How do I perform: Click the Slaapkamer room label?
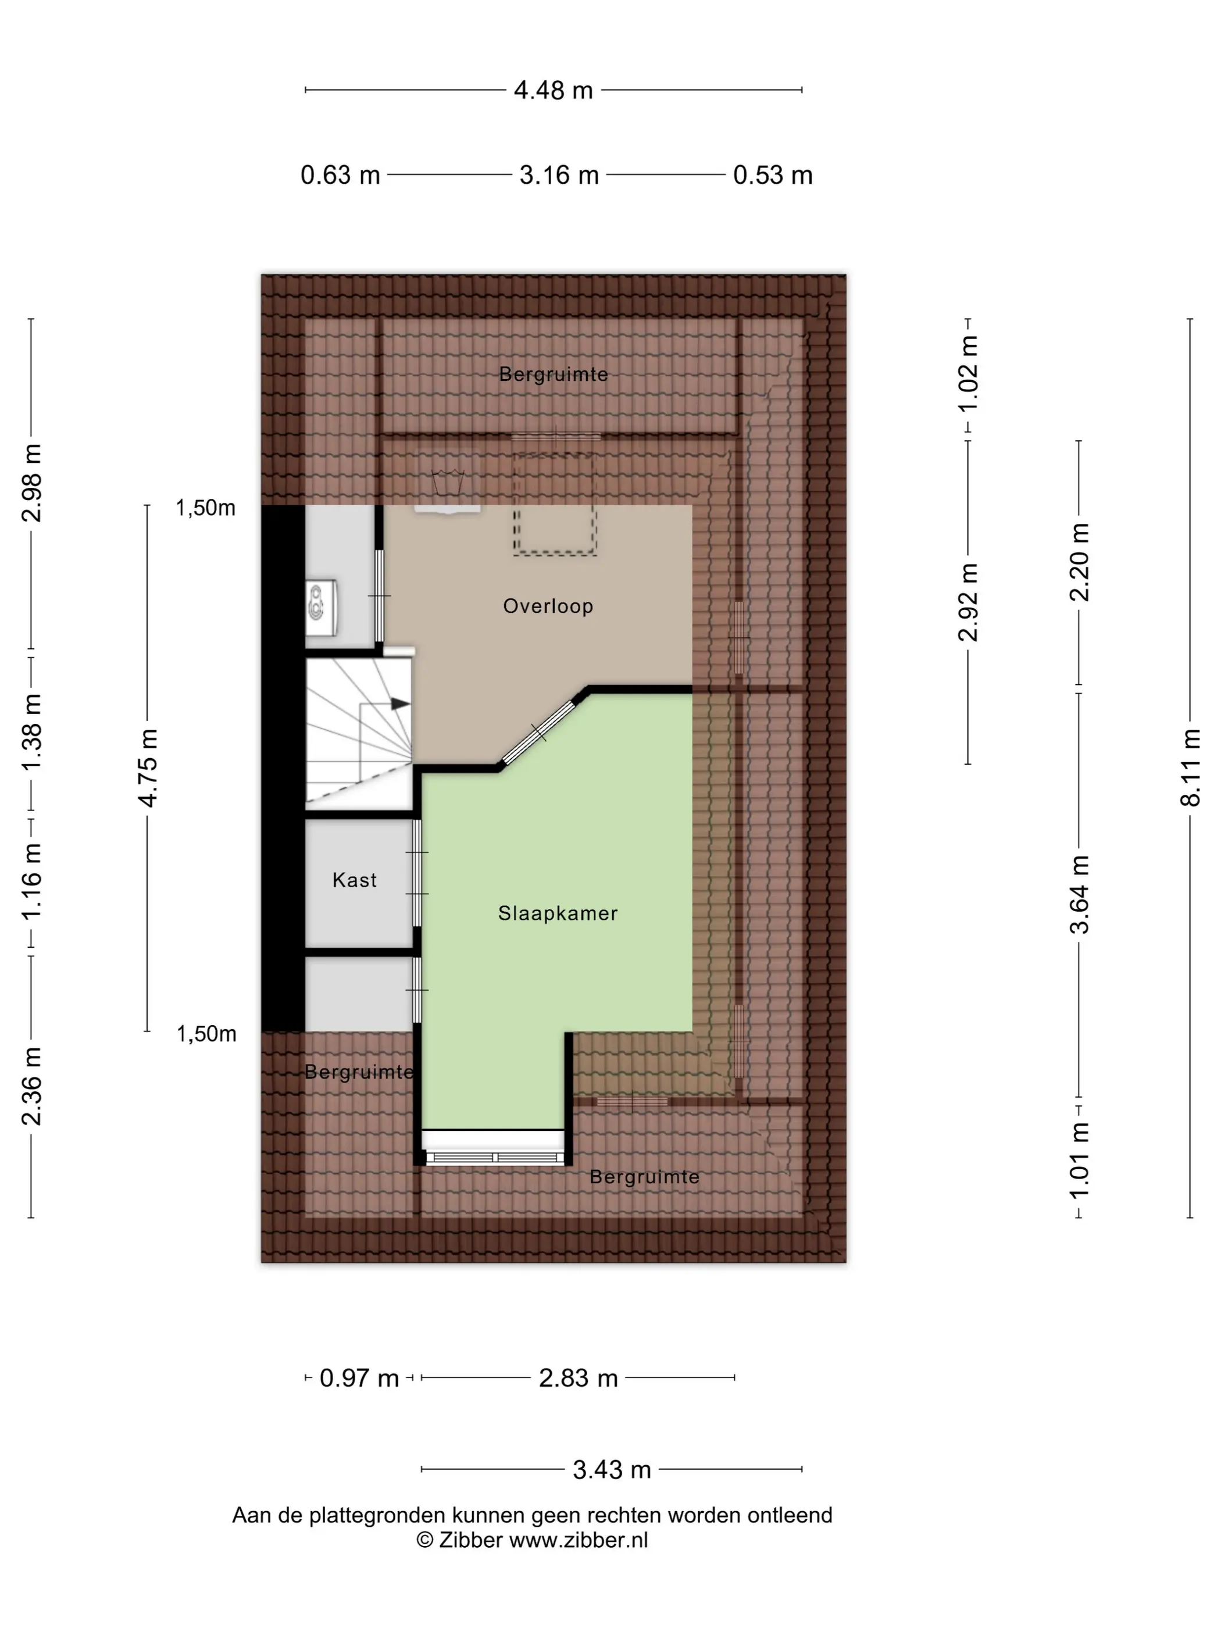tap(557, 913)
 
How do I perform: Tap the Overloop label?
tap(548, 606)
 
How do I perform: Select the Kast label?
tap(354, 880)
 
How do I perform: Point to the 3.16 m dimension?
tap(559, 175)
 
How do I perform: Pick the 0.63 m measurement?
tap(340, 175)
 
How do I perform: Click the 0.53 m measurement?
tap(773, 175)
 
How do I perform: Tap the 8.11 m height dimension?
tap(1190, 767)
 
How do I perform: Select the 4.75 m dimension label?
tap(148, 767)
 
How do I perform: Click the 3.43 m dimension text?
tap(612, 1470)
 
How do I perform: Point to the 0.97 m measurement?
tap(359, 1378)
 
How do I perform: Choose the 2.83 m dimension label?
tap(578, 1378)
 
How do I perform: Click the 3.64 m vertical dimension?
tap(1079, 894)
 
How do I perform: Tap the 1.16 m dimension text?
tap(31, 880)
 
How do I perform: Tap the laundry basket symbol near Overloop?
tap(448, 482)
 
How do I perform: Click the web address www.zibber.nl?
tap(579, 1540)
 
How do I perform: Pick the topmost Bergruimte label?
tap(554, 374)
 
